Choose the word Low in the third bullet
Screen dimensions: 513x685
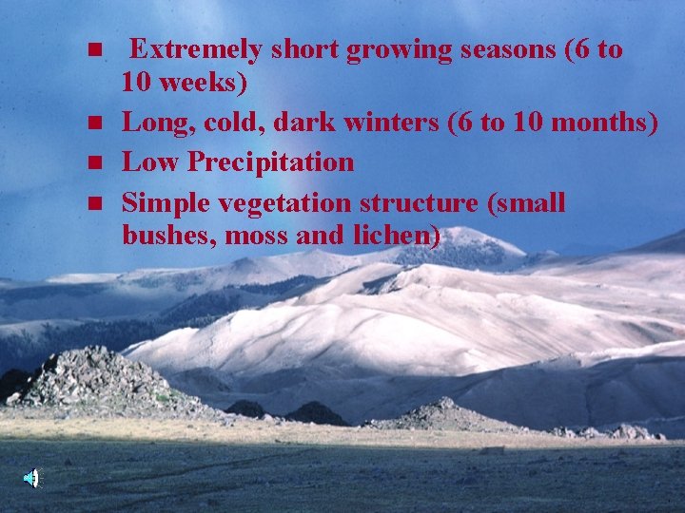click(x=151, y=162)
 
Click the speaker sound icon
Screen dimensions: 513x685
click(x=31, y=478)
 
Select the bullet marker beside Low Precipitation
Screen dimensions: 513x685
click(x=93, y=163)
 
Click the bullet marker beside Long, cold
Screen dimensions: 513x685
click(x=93, y=123)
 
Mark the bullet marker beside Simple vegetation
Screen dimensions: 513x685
click(x=93, y=203)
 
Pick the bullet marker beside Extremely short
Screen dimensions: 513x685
click(x=93, y=50)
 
